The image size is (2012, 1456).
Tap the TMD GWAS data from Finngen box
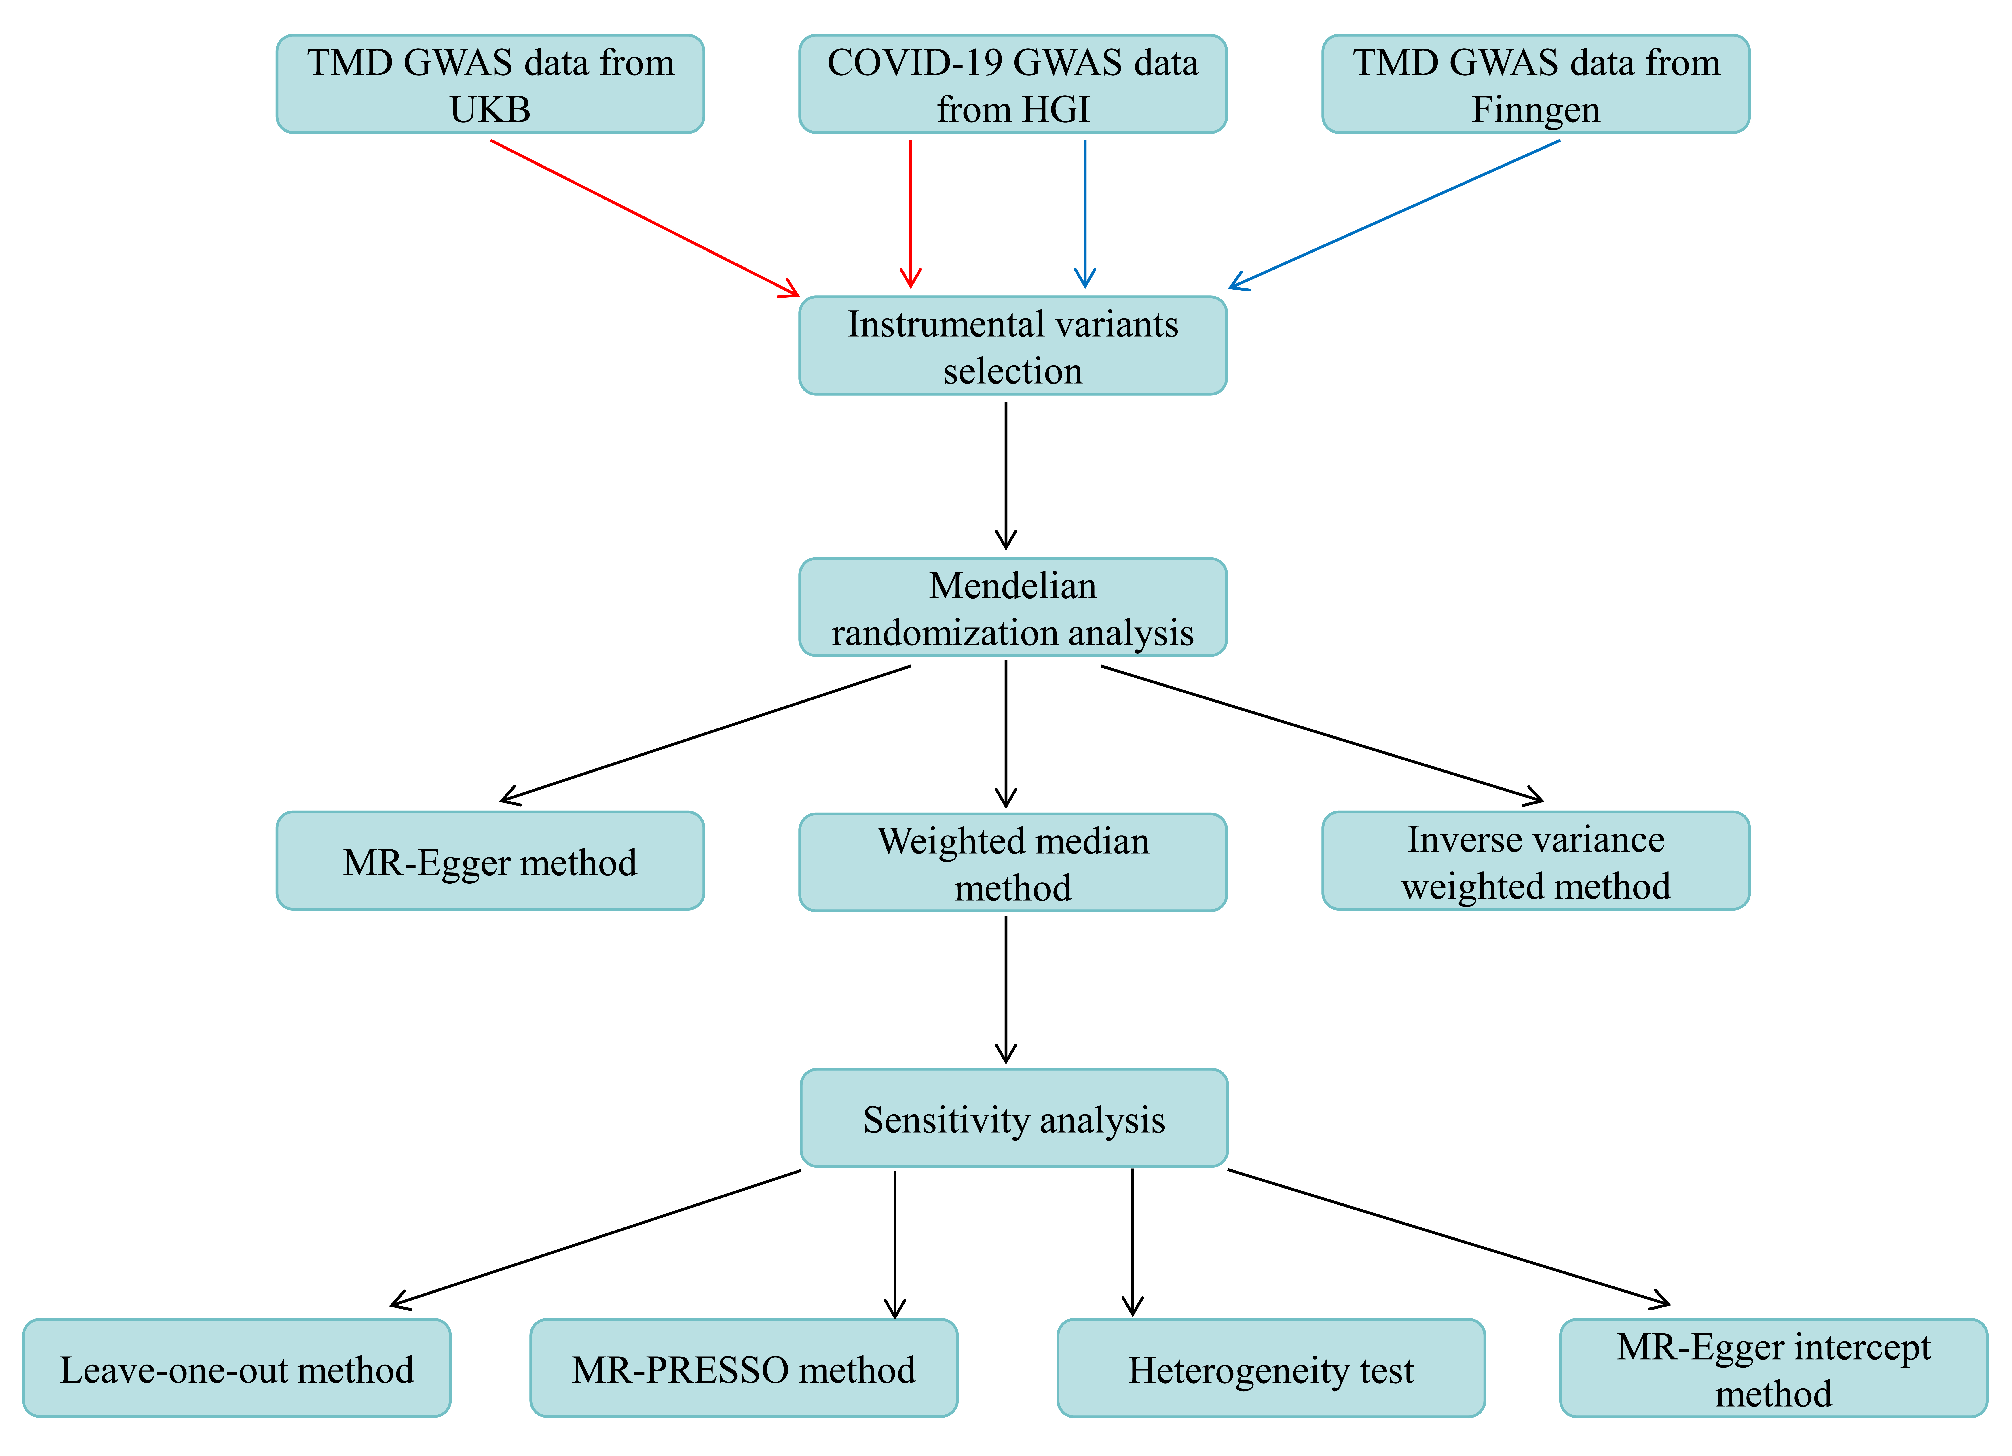[1536, 84]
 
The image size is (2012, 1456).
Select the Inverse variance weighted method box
[1536, 861]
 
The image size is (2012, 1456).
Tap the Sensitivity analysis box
[1014, 1118]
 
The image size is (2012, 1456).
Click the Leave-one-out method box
[237, 1368]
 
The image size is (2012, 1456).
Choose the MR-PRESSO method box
[743, 1368]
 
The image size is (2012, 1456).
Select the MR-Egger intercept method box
[1773, 1368]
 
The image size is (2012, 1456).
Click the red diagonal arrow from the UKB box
[645, 218]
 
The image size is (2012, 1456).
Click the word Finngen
[1536, 110]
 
